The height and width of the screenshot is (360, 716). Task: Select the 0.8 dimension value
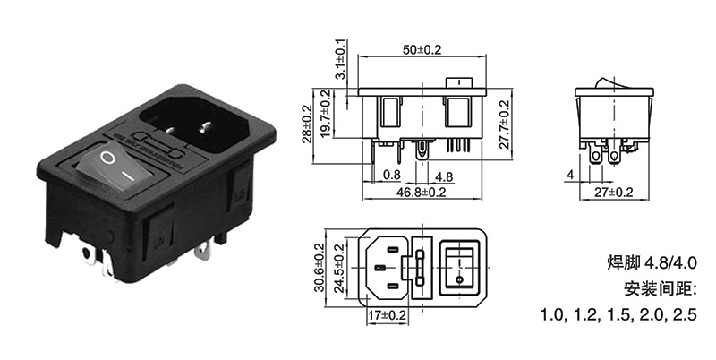pyautogui.click(x=391, y=174)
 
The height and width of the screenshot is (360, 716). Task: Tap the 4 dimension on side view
pyautogui.click(x=570, y=175)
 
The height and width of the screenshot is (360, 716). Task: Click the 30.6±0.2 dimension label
pyautogui.click(x=320, y=270)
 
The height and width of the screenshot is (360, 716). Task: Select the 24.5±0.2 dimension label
pyautogui.click(x=339, y=270)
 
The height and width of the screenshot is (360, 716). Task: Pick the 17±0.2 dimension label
pyautogui.click(x=387, y=315)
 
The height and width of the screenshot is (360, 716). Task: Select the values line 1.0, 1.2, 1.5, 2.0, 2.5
pyautogui.click(x=617, y=316)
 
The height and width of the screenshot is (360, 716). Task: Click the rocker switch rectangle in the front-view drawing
pyautogui.click(x=460, y=268)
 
